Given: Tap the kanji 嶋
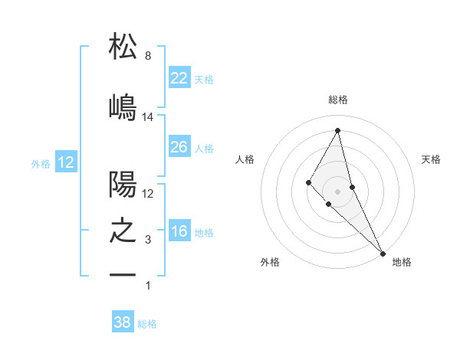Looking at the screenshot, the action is [x=123, y=106].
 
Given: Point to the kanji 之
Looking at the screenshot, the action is [x=123, y=231].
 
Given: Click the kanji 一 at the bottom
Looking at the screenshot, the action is [x=123, y=273].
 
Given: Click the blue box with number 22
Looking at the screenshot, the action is [x=179, y=78].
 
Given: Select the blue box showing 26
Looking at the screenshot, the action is [x=179, y=147].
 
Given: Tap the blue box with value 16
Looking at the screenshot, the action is [x=179, y=232].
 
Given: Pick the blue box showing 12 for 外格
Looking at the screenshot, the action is [x=65, y=162].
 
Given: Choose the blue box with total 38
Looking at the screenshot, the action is [x=123, y=323].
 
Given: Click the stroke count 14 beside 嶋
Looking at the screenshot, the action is [x=148, y=116].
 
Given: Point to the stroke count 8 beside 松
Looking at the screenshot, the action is [x=147, y=56].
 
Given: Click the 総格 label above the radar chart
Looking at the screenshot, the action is [x=338, y=100].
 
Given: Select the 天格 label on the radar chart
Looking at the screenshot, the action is [x=431, y=159].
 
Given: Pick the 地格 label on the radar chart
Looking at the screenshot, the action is [x=401, y=262].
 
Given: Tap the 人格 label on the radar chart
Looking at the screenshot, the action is [x=245, y=159].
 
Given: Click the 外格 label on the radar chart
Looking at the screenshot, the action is [x=270, y=262].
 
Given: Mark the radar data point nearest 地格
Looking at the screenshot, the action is [x=382, y=252].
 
